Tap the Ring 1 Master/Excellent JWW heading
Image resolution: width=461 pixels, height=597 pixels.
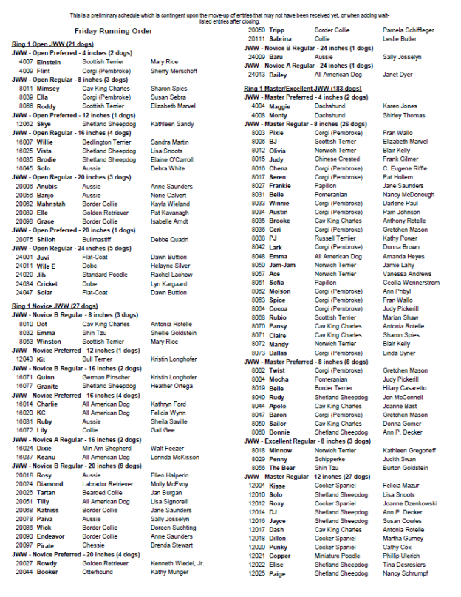(302, 89)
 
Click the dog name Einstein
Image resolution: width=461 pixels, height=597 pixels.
(49, 62)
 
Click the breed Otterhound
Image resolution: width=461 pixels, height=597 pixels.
(98, 572)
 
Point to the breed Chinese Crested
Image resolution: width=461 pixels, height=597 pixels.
(337, 159)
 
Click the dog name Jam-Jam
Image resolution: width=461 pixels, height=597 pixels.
(281, 264)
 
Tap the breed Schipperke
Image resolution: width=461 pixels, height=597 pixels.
(329, 458)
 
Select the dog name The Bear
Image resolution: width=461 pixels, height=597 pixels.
(281, 467)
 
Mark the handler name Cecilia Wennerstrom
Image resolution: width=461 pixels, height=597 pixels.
(411, 282)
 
